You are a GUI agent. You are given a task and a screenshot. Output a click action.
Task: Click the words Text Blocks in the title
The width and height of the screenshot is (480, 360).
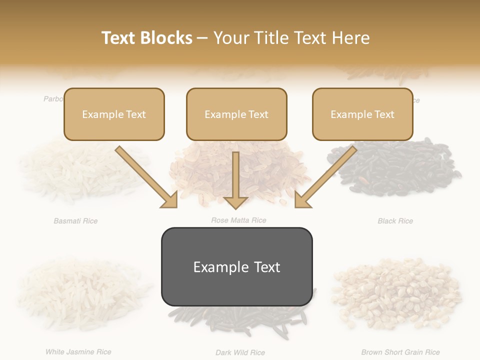pyautogui.click(x=147, y=38)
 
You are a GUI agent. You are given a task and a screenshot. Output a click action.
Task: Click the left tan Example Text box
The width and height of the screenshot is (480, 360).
pyautogui.click(x=114, y=114)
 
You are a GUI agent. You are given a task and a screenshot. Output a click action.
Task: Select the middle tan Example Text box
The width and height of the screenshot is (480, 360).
pyautogui.click(x=236, y=114)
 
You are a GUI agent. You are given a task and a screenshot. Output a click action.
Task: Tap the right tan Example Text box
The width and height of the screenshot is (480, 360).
pyautogui.click(x=362, y=114)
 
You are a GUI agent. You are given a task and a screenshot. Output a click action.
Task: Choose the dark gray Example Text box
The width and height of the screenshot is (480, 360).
pyautogui.click(x=236, y=266)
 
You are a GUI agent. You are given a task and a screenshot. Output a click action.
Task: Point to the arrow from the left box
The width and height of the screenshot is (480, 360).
pyautogui.click(x=146, y=177)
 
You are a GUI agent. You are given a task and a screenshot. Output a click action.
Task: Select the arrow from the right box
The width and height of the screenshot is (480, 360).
pyautogui.click(x=325, y=177)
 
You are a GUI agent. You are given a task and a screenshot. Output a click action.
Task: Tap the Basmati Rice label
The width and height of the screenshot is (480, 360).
pyautogui.click(x=75, y=220)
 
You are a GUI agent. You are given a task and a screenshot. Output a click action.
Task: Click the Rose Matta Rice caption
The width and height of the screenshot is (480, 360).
pyautogui.click(x=238, y=220)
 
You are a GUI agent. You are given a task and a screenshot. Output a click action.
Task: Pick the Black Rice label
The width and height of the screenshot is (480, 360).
pyautogui.click(x=395, y=220)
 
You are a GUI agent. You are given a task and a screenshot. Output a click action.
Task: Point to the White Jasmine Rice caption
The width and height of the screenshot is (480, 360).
pyautogui.click(x=78, y=351)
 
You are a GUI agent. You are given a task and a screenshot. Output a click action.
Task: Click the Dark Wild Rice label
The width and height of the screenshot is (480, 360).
pyautogui.click(x=240, y=352)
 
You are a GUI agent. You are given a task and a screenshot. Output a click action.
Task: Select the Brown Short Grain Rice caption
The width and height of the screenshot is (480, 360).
pyautogui.click(x=400, y=352)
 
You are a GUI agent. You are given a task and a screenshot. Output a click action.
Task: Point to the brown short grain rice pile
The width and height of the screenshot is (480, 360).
pyautogui.click(x=397, y=292)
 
